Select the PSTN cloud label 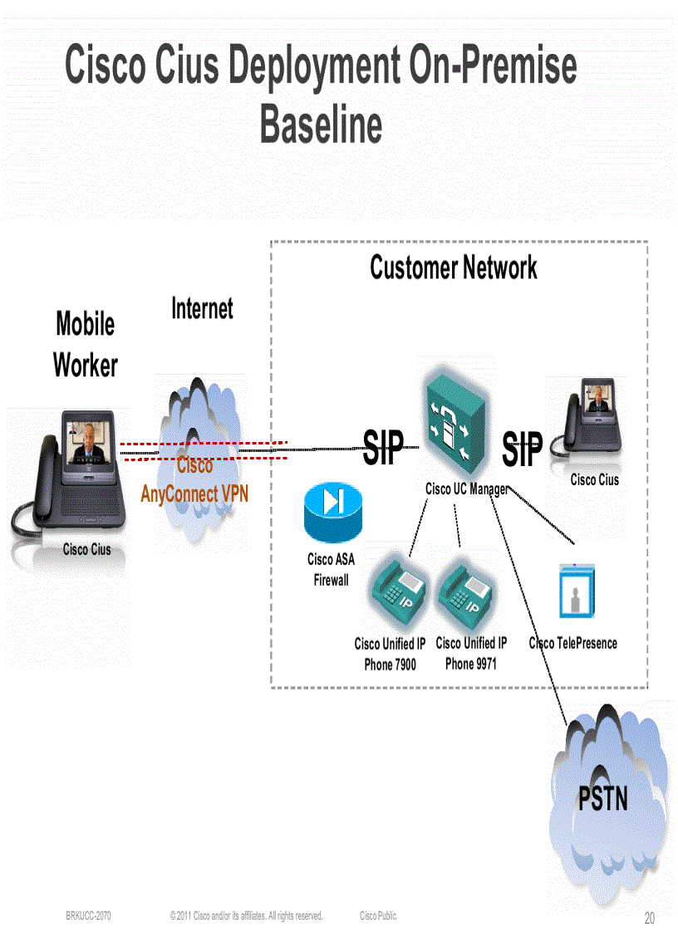pos(602,798)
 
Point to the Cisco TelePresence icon pos(577,590)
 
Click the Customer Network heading pos(453,268)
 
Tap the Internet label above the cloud pos(202,309)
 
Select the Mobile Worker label pos(85,344)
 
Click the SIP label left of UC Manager pos(383,449)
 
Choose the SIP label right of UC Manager pos(522,449)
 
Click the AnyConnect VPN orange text pos(194,494)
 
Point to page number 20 pos(649,918)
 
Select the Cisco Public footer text pos(378,916)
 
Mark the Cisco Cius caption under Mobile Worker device pos(86,549)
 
